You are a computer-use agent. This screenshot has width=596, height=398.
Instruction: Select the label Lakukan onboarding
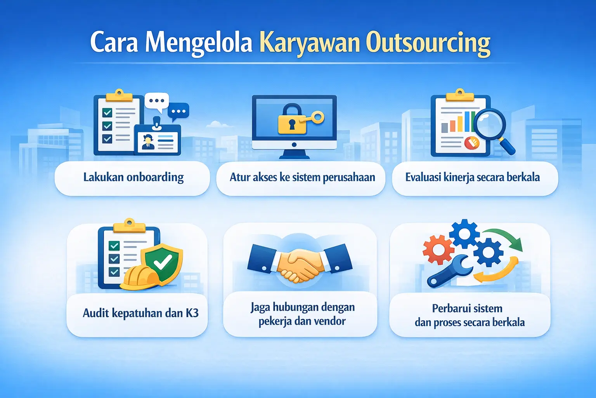tap(133, 178)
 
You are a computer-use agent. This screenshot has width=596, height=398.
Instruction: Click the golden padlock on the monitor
tap(291, 120)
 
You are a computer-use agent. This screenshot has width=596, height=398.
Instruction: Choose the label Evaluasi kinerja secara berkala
tap(473, 178)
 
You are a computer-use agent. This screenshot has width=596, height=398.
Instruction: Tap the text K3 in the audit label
tap(192, 313)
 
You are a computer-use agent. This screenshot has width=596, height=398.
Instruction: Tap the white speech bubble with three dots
tap(156, 101)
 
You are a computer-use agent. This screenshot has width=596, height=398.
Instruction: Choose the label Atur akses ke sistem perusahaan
tap(302, 178)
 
